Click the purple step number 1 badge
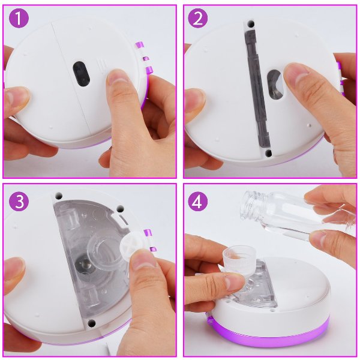(x=19, y=18)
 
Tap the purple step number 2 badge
(x=198, y=18)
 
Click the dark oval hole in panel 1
(x=81, y=74)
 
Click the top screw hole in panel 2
(x=251, y=23)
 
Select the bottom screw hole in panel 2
(x=268, y=152)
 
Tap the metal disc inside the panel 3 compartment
(x=84, y=264)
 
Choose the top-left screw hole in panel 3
(x=59, y=196)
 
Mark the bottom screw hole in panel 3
(x=92, y=322)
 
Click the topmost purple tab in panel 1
(x=140, y=45)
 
